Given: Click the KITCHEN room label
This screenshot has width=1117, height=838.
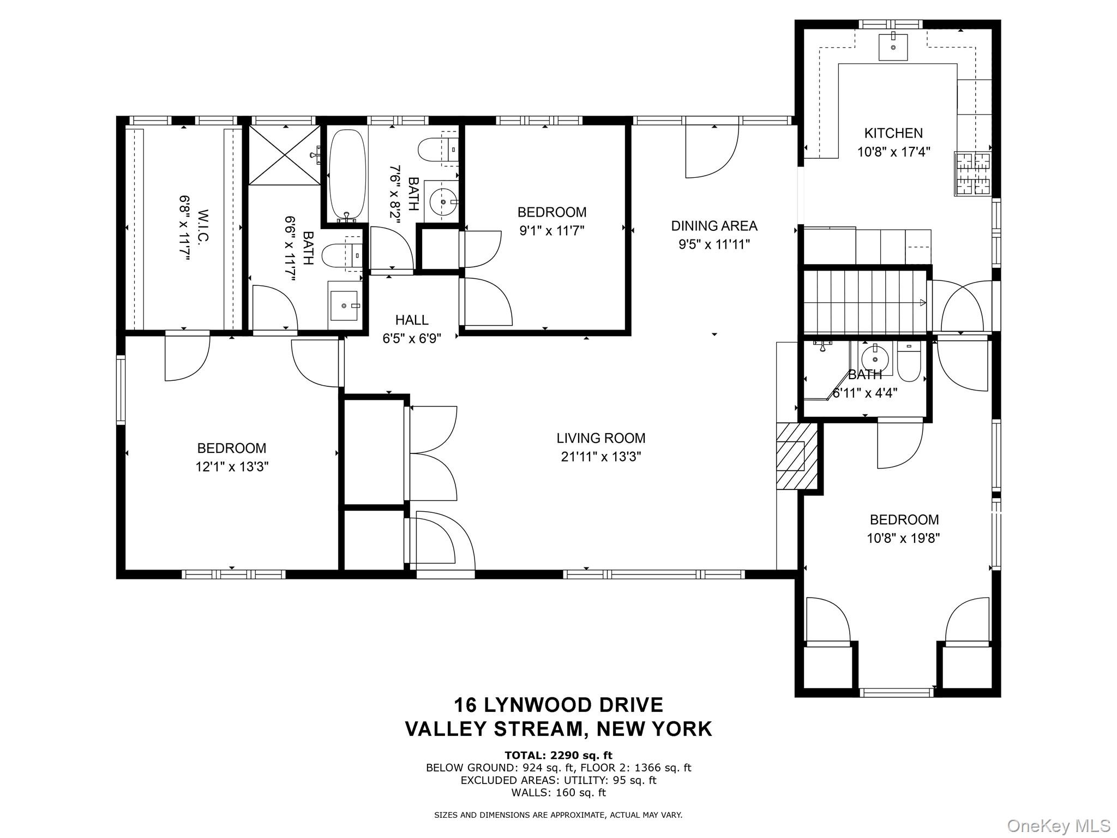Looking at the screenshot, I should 893,133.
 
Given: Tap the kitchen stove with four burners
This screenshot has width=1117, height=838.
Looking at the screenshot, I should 972,173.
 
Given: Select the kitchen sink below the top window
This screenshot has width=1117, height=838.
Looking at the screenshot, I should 893,46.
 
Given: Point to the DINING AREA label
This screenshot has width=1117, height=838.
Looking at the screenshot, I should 714,225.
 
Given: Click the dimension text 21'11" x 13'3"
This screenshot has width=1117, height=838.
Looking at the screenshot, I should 600,457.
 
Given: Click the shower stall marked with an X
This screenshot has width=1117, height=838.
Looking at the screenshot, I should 285,155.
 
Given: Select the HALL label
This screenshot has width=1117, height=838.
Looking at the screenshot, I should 412,320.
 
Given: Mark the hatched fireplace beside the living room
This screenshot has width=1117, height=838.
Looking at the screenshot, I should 797,456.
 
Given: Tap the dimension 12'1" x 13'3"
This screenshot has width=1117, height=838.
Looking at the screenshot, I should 232,467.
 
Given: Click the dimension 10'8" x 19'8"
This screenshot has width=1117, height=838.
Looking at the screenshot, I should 903,538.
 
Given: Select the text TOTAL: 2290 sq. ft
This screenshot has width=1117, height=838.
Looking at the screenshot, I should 558,755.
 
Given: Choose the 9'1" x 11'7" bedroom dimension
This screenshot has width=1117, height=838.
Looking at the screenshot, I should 551,231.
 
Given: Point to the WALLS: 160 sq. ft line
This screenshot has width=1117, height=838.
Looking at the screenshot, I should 558,793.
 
